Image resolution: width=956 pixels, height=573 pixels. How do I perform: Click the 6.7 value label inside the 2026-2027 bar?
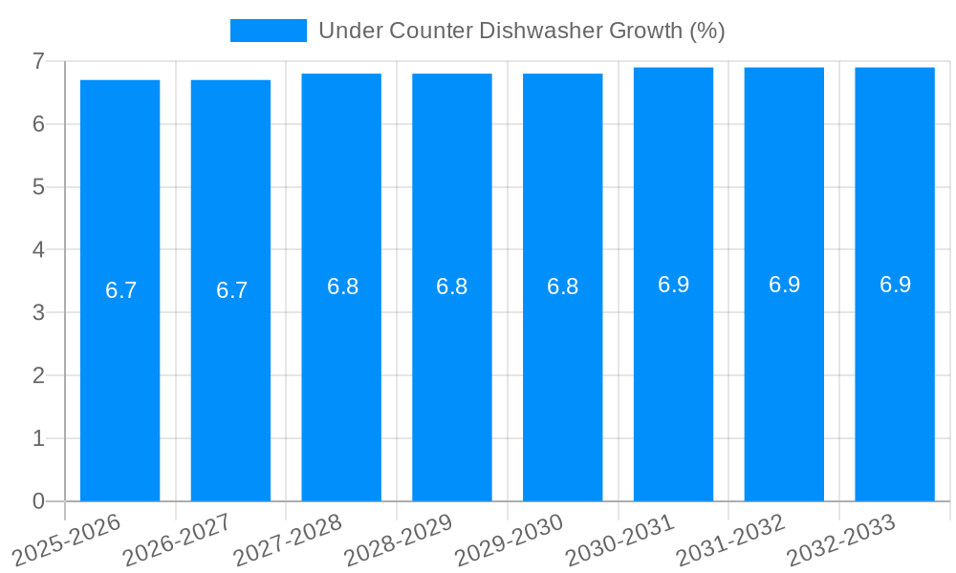coord(231,290)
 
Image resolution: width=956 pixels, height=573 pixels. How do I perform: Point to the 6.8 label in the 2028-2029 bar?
coord(452,286)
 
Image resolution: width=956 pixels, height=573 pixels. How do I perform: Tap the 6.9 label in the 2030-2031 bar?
coord(673,285)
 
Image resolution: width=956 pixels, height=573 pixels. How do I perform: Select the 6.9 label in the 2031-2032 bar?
coord(784,285)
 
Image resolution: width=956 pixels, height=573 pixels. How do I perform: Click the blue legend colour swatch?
coord(269,31)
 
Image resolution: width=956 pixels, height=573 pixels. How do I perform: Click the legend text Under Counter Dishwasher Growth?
coord(521,31)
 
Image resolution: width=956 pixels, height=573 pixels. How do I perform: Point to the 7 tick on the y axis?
coord(38,61)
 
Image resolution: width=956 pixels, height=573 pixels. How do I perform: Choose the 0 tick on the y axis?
coord(38,501)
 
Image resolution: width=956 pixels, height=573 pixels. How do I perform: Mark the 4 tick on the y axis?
coord(38,249)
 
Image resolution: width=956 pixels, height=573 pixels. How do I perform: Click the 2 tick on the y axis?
coord(38,375)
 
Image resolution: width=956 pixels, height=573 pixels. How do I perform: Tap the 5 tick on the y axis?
coord(38,187)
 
